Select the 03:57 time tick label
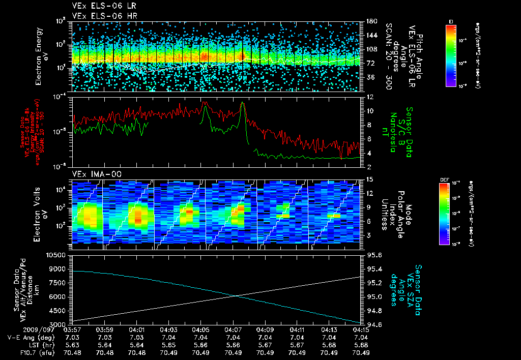pyautogui.click(x=74, y=329)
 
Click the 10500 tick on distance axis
pyautogui.click(x=56, y=255)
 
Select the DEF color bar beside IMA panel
pyautogui.click(x=444, y=213)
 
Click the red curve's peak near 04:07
pyautogui.click(x=243, y=103)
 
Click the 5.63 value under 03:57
pyautogui.click(x=74, y=344)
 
